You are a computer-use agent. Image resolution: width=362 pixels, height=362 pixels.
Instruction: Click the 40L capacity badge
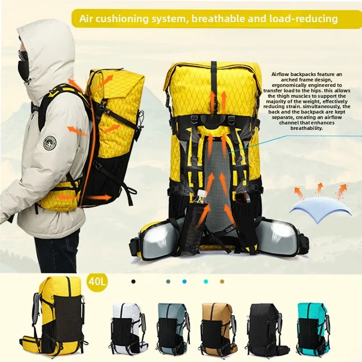pyautogui.click(x=98, y=282)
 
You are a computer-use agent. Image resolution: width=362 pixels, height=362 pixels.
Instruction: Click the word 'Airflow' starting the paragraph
pyautogui.click(x=281, y=74)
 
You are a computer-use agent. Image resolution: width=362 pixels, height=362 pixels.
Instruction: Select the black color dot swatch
pyautogui.click(x=133, y=281)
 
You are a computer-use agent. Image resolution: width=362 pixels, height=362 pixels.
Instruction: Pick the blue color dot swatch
pyautogui.click(x=184, y=281)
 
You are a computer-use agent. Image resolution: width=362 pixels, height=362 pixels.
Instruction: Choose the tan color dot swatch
pyautogui.click(x=222, y=281)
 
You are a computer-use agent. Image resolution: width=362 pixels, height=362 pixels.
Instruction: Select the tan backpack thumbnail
pyautogui.click(x=218, y=329)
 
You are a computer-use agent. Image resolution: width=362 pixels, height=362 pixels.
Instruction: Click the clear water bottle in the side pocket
pyautogui.click(x=192, y=224)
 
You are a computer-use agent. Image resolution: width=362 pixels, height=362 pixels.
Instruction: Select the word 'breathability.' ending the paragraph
pyautogui.click(x=308, y=128)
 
